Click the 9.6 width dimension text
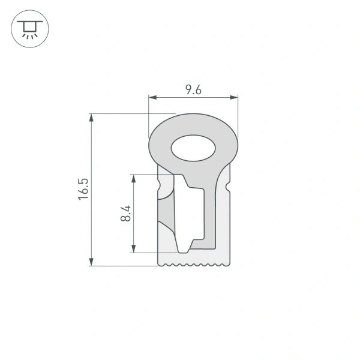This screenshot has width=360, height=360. click(193, 90)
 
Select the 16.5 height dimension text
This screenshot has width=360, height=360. click(83, 189)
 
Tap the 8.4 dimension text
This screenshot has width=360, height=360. click(125, 213)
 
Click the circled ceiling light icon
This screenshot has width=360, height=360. click(28, 29)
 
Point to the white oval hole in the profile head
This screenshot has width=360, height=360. click(193, 148)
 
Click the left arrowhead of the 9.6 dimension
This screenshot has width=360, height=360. click(151, 97)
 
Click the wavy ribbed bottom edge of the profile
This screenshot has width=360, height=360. click(193, 264)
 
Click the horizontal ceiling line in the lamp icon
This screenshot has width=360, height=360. click(28, 22)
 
